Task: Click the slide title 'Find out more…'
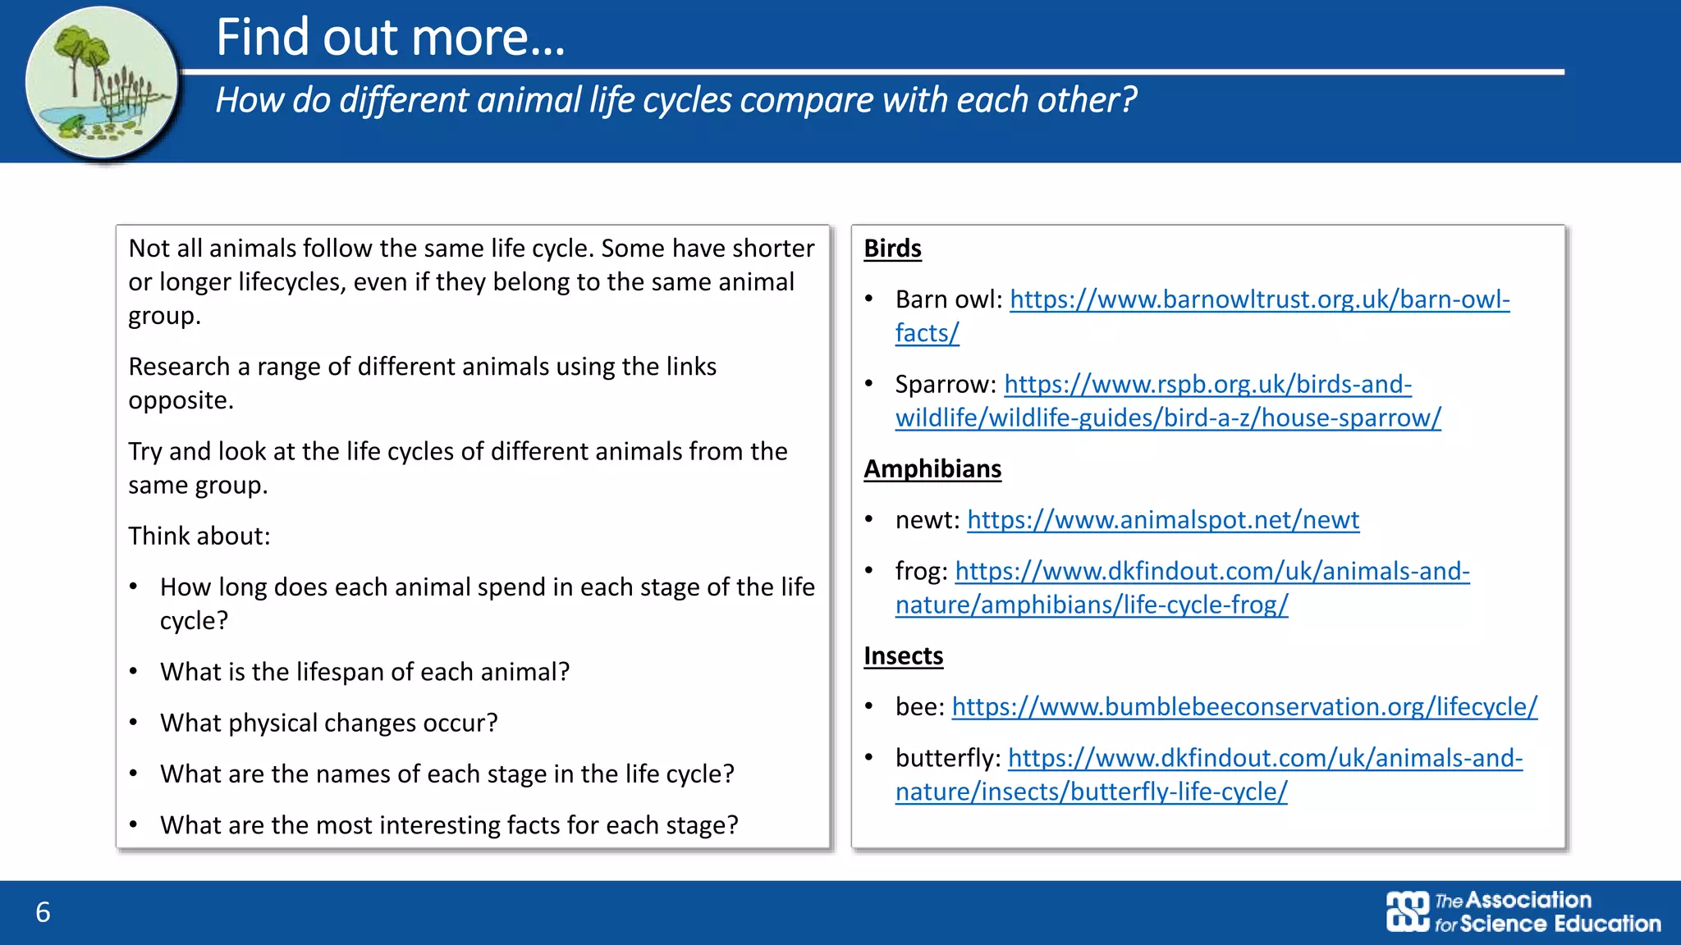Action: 391,38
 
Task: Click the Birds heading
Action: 892,249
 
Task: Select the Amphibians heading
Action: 932,468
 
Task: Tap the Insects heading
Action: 903,655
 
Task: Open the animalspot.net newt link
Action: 1163,520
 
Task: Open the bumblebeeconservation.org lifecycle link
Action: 1244,706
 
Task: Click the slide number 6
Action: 43,912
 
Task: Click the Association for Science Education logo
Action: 1523,911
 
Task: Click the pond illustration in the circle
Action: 101,82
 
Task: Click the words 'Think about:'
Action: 199,536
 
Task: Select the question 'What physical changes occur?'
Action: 329,723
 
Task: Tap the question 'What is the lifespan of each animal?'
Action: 364,672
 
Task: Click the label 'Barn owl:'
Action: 949,299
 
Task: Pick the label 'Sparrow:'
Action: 946,384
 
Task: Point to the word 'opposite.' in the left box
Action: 181,400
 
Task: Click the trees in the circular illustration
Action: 82,49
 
